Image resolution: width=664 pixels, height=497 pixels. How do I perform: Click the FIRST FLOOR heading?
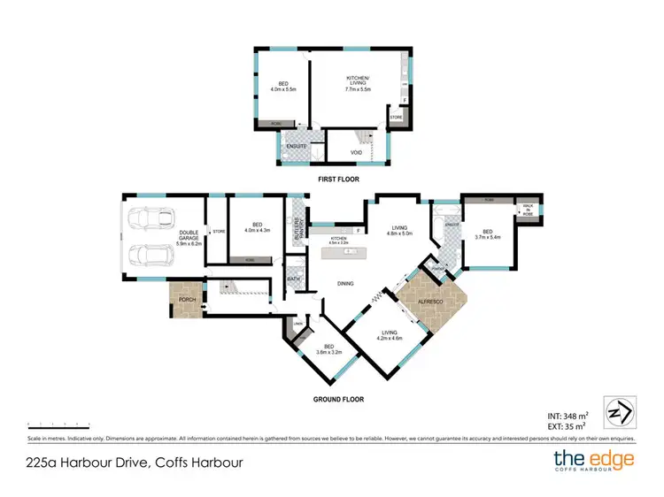[x=343, y=180]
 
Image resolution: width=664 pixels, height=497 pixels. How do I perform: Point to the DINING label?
[x=344, y=284]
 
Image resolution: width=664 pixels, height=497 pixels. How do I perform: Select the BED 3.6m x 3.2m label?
[x=328, y=349]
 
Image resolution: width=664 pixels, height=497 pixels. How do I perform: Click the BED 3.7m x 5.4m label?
[x=488, y=234]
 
